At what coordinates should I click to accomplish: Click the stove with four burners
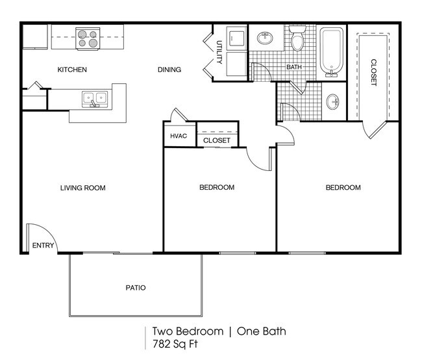[x=86, y=38]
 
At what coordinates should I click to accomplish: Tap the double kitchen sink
[x=95, y=99]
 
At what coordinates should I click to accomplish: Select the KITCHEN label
[x=72, y=70]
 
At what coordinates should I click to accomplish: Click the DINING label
[x=169, y=70]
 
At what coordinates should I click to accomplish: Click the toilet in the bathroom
[x=297, y=41]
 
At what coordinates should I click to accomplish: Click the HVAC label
[x=178, y=136]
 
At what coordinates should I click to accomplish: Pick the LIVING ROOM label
[x=82, y=188]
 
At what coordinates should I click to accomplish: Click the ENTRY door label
[x=43, y=246]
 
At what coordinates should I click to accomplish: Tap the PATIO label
[x=135, y=287]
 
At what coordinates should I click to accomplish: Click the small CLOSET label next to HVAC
[x=216, y=140]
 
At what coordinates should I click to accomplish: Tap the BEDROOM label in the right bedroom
[x=342, y=188]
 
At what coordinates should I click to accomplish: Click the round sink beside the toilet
[x=266, y=38]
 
